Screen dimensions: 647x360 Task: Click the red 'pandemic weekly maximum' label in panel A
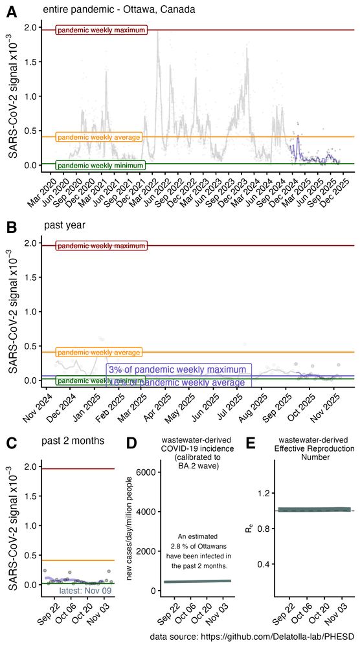pyautogui.click(x=102, y=30)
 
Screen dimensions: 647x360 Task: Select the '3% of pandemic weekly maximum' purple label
pyautogui.click(x=179, y=369)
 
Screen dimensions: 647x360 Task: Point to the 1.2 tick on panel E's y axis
pyautogui.click(x=262, y=493)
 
